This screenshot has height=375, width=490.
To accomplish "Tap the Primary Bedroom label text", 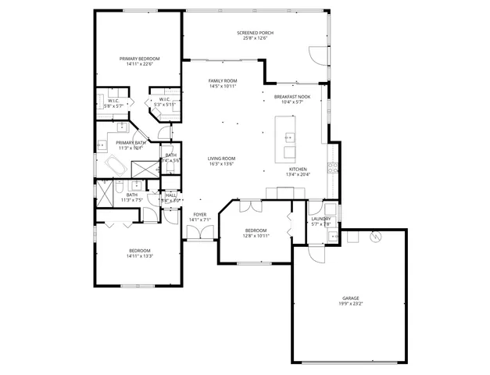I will point(139,59).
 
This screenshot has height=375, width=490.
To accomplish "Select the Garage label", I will point(350,298).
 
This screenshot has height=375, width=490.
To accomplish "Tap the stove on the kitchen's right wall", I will point(333,166).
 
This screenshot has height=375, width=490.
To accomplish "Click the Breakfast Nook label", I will point(292,97).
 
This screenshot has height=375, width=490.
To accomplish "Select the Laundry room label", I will point(321,219).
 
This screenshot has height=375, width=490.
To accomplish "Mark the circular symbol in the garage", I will point(374,237).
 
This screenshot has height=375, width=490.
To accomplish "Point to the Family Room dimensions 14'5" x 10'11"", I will point(223,87).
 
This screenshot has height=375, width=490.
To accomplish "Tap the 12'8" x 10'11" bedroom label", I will point(256,233).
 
